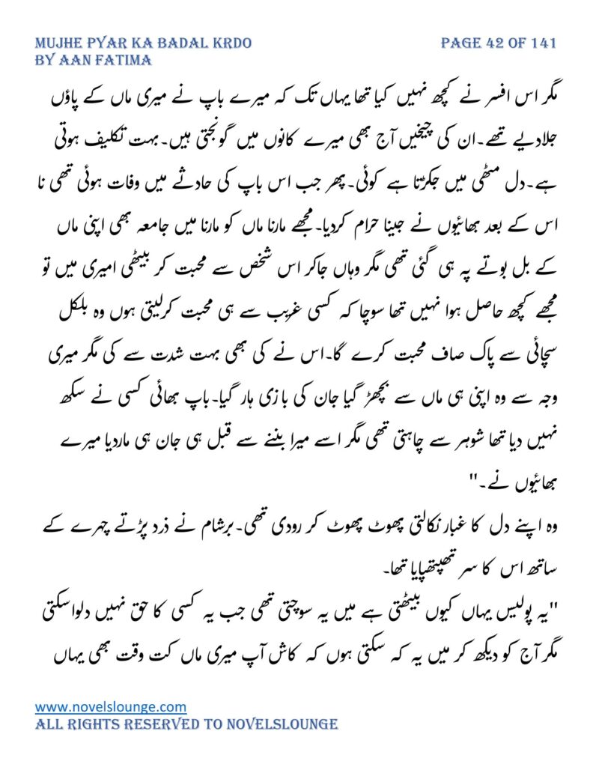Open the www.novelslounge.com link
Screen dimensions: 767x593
pos(111,706)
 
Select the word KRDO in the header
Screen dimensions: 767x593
pos(228,43)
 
